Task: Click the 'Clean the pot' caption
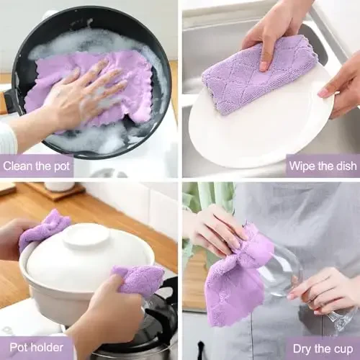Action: pos(37,166)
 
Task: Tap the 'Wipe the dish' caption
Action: pos(322,166)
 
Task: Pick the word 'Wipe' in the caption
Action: pos(302,166)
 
